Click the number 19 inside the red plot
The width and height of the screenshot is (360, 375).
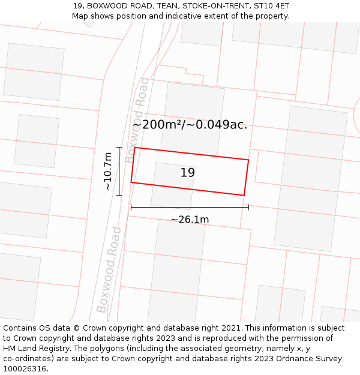click(x=188, y=173)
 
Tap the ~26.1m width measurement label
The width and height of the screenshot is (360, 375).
click(x=190, y=220)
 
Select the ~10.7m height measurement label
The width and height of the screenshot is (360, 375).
click(x=107, y=171)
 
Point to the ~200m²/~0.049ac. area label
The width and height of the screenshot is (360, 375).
click(x=190, y=125)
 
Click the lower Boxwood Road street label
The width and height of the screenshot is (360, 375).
click(x=109, y=270)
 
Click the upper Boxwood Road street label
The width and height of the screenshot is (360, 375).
click(x=138, y=120)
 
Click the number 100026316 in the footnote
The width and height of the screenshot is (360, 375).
click(x=25, y=369)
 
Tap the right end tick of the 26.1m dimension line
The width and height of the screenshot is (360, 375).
click(x=248, y=207)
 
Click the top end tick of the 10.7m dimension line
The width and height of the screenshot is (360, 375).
click(x=119, y=148)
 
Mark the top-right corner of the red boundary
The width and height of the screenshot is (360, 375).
click(x=248, y=160)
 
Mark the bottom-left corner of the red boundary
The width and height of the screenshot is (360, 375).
click(x=131, y=182)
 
